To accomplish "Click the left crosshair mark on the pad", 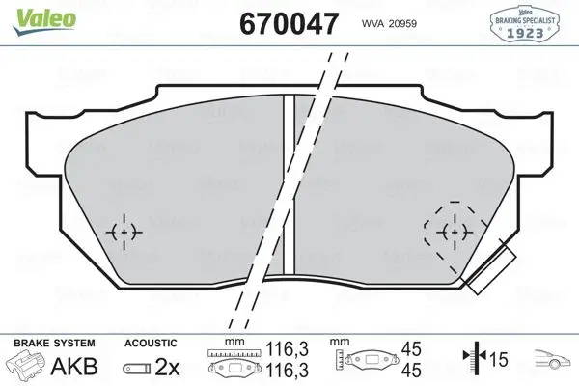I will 124,232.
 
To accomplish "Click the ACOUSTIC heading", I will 151,343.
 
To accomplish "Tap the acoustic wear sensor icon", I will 137,368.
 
